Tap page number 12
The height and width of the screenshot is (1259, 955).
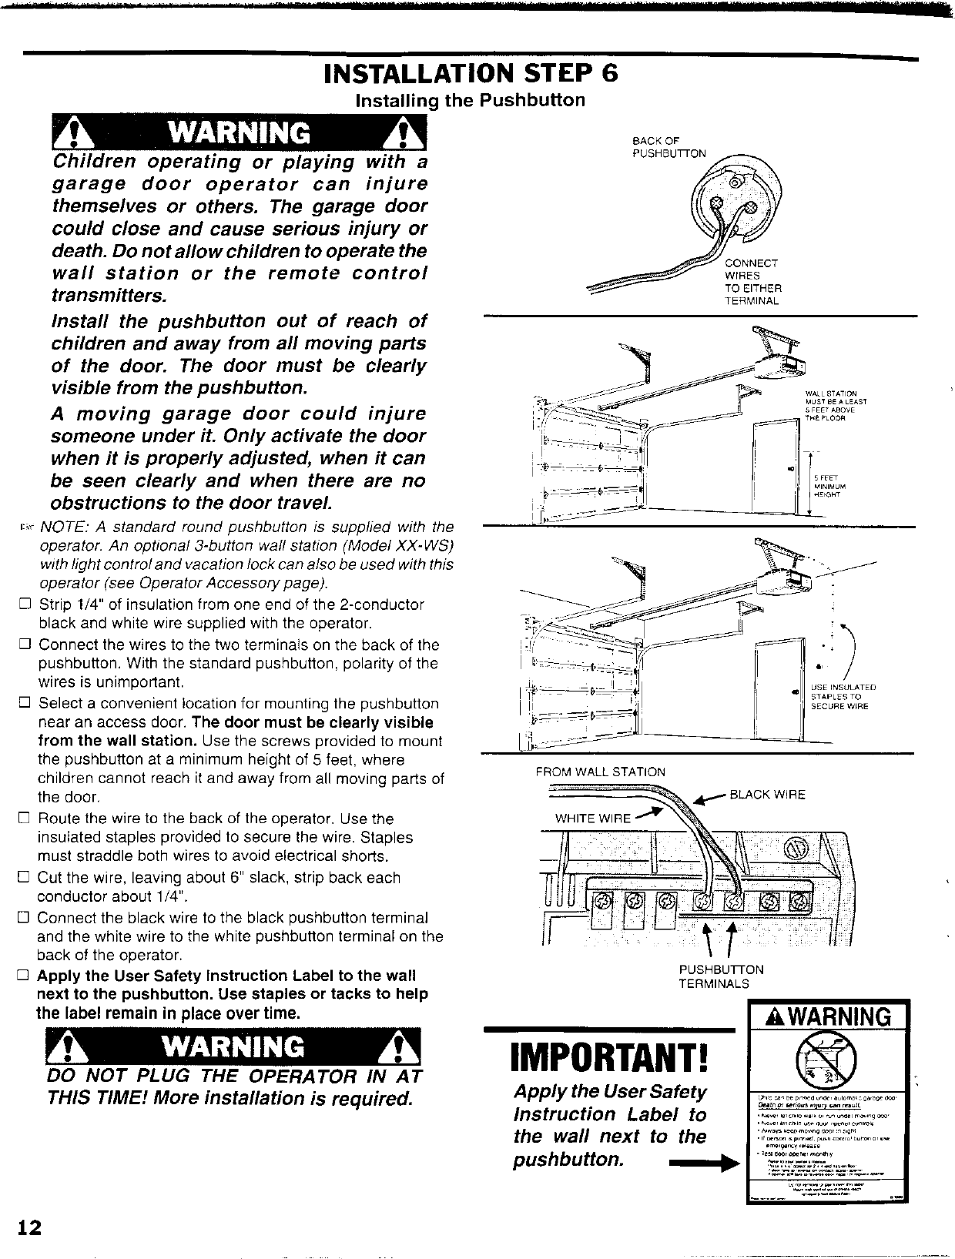30,1226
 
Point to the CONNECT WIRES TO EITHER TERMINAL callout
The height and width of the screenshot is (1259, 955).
752,283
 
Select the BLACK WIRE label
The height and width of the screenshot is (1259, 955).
767,795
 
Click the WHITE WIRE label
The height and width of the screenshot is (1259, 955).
593,818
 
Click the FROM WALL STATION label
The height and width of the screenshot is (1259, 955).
601,772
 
